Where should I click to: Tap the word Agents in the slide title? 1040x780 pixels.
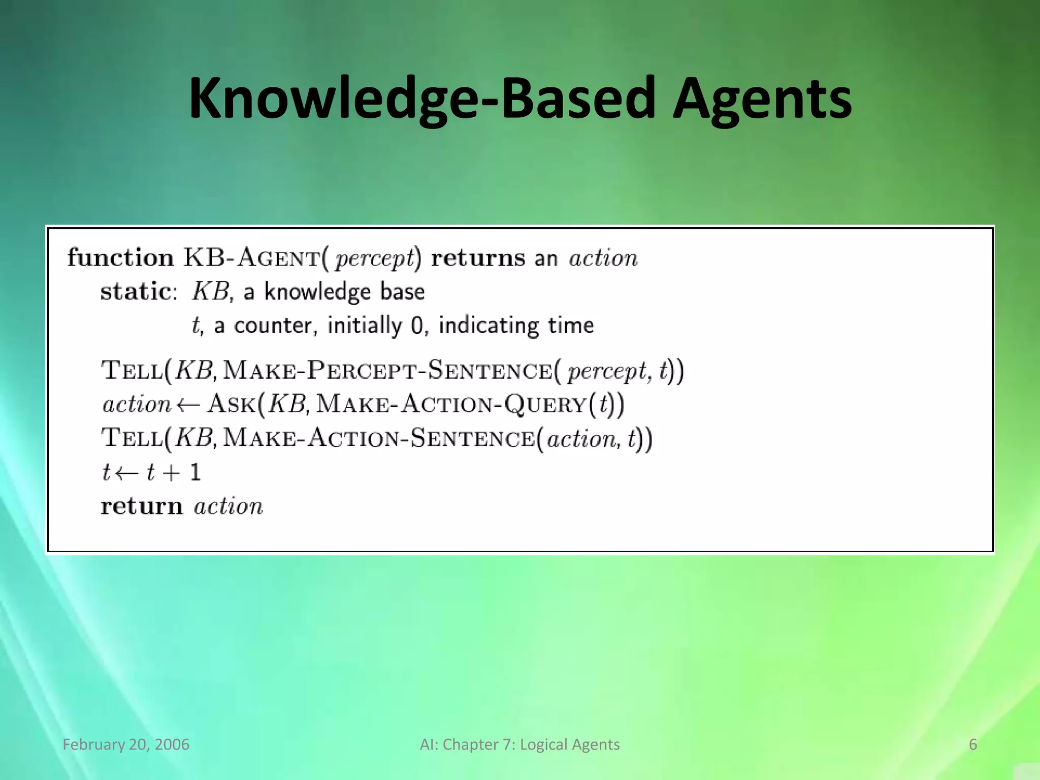pyautogui.click(x=762, y=99)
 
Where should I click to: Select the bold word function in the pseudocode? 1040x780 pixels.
pyautogui.click(x=120, y=258)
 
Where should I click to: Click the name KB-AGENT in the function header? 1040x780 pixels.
pyautogui.click(x=252, y=258)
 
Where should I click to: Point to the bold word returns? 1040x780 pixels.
pyautogui.click(x=478, y=258)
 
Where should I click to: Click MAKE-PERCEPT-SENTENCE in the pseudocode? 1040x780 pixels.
pyautogui.click(x=387, y=370)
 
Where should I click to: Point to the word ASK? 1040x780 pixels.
pyautogui.click(x=232, y=404)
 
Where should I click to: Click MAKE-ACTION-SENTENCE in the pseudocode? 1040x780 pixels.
pyautogui.click(x=378, y=438)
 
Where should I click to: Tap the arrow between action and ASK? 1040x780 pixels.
pyautogui.click(x=188, y=405)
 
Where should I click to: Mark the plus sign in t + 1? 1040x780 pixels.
pyautogui.click(x=172, y=473)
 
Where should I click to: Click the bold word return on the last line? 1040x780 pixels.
pyautogui.click(x=142, y=506)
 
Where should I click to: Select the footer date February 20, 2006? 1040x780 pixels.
pyautogui.click(x=126, y=744)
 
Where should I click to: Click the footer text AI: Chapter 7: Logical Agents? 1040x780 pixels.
pyautogui.click(x=519, y=744)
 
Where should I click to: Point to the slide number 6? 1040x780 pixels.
pyautogui.click(x=972, y=744)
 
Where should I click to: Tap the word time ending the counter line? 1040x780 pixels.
pyautogui.click(x=571, y=326)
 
